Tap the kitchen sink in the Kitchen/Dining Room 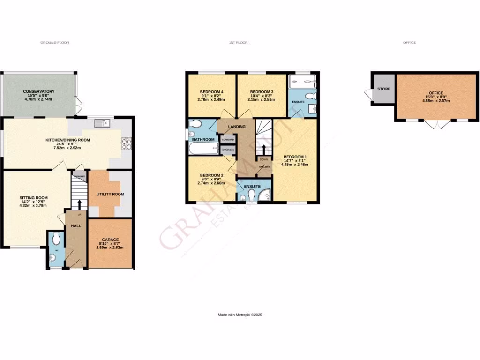[x=102, y=123]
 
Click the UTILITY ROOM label [x=110, y=194]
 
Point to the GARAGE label [x=110, y=240]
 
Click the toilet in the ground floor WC [x=56, y=240]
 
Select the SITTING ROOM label [x=33, y=198]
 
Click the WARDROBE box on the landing [x=228, y=150]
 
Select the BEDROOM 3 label [x=261, y=91]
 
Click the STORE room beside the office [x=384, y=89]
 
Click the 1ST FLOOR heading [x=238, y=43]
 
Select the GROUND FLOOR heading [x=54, y=43]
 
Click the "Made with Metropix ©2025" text [x=240, y=315]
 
